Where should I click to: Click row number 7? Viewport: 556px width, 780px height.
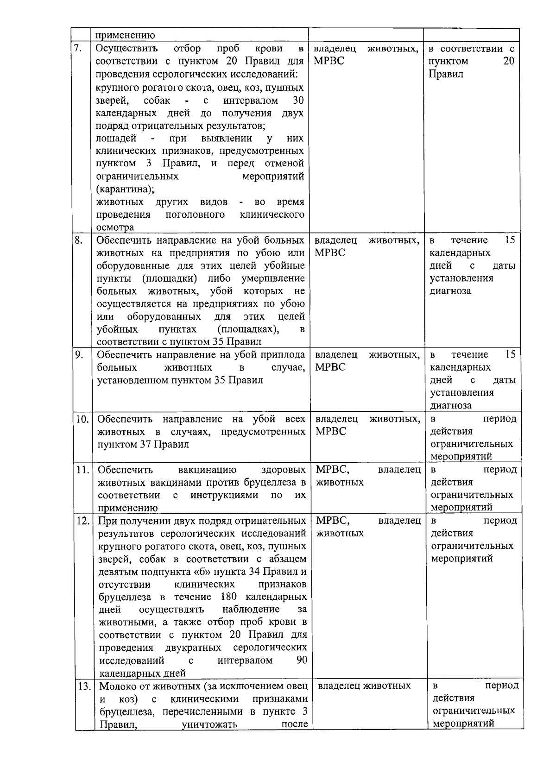[x=78, y=49]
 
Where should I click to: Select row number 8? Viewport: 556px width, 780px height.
[x=79, y=240]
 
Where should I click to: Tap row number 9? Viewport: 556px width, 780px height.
[x=79, y=355]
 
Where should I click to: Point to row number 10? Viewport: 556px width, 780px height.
[x=82, y=419]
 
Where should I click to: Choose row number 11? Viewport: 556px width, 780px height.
[x=83, y=470]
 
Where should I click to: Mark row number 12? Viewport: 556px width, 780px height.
[x=83, y=521]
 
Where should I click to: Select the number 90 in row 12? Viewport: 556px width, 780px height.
[x=301, y=660]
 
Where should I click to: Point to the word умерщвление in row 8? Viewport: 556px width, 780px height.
[x=273, y=278]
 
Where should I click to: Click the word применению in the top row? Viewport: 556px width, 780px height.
[x=125, y=35]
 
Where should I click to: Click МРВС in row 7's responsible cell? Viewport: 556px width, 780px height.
[x=329, y=61]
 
